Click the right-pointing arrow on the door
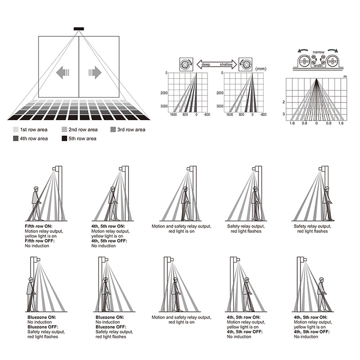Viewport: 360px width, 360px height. tap(95, 72)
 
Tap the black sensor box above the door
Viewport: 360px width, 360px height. tap(79, 30)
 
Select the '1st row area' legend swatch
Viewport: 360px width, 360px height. tap(17, 130)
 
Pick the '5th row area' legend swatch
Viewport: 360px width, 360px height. tap(64, 139)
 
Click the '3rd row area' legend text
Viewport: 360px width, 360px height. tap(131, 130)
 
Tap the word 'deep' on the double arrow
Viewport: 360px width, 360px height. tap(205, 65)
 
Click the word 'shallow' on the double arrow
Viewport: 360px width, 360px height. tap(226, 65)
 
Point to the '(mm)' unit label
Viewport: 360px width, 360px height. tap(261, 69)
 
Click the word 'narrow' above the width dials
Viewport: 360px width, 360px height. tap(319, 53)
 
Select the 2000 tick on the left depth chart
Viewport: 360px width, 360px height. tap(162, 93)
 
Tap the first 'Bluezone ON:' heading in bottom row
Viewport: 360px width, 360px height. tap(40, 318)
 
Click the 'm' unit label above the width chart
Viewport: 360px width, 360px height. tap(345, 77)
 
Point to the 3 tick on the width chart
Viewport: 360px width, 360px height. tap(283, 114)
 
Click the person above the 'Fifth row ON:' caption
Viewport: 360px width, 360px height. tap(36, 202)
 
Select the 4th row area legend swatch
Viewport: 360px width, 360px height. tap(17, 139)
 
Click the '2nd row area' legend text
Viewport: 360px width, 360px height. tap(83, 130)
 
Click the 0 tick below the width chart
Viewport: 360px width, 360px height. tap(316, 123)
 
